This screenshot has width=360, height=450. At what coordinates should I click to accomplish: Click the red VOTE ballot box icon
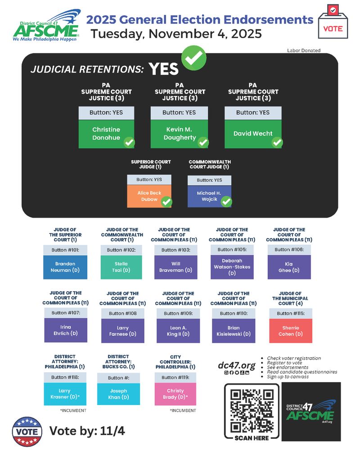click(333, 22)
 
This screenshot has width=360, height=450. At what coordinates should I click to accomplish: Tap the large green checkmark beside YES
click(194, 58)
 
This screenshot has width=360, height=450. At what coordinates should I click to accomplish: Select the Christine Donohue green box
click(106, 134)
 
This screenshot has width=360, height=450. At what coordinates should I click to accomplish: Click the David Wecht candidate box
click(253, 134)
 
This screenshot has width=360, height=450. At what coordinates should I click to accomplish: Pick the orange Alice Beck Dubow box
click(149, 196)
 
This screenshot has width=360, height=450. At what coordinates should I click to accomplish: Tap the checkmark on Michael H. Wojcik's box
click(226, 202)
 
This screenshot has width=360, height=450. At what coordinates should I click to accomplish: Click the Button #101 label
click(65, 250)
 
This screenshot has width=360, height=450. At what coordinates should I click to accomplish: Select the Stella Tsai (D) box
click(121, 267)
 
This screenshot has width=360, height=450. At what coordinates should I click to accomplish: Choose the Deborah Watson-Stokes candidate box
click(232, 267)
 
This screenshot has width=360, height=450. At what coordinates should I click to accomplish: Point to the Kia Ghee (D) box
click(289, 267)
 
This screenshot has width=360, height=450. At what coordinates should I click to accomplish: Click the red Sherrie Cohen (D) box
click(291, 331)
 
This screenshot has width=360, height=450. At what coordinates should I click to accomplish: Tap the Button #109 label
click(178, 313)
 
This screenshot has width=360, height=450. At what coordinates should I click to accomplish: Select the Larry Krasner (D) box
click(65, 394)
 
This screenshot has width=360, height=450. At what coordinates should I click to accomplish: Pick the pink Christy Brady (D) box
click(175, 394)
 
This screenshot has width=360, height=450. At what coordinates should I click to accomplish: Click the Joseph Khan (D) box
click(118, 394)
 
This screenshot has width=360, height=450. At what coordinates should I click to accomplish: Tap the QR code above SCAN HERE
click(252, 411)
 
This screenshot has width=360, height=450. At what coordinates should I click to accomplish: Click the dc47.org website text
click(237, 365)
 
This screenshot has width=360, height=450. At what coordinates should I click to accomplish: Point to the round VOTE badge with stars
click(27, 432)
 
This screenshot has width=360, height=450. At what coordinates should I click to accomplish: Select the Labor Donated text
click(304, 50)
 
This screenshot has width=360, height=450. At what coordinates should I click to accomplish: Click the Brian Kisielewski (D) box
click(234, 331)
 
